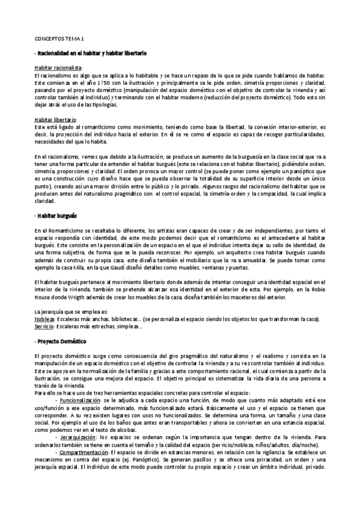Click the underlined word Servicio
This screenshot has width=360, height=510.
click(x=44, y=326)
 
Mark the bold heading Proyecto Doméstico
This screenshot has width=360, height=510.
click(x=63, y=341)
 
